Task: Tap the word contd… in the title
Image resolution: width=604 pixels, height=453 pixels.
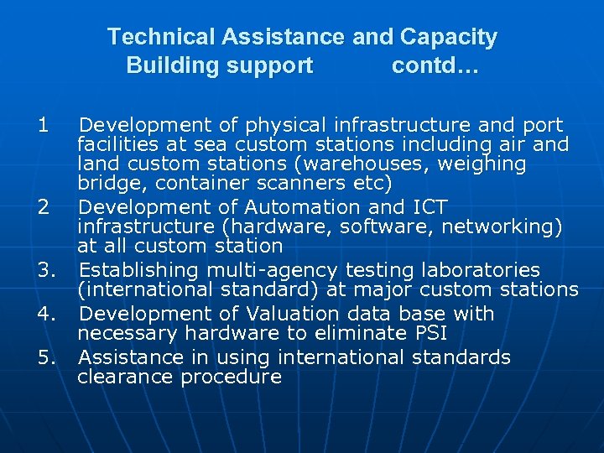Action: pos(435,65)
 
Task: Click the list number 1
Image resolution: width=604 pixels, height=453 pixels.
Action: pos(43,126)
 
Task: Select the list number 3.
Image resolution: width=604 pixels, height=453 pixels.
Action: pos(46,271)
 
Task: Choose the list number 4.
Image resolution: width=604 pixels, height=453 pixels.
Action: pos(46,315)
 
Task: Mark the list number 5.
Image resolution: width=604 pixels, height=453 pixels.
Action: pos(46,358)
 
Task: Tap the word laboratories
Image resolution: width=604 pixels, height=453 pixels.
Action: pos(481,271)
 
